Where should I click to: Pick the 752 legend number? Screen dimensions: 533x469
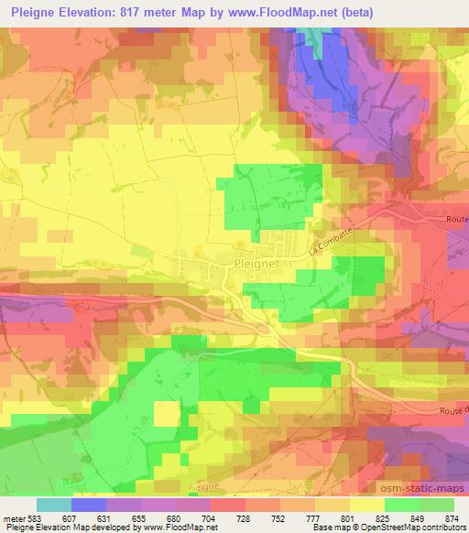point(279,517)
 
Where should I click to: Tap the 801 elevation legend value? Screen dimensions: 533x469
point(348,517)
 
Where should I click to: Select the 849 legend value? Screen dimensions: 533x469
point(418,517)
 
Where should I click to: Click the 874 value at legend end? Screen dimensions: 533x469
point(452,517)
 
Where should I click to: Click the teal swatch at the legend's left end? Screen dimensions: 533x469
point(53,505)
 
